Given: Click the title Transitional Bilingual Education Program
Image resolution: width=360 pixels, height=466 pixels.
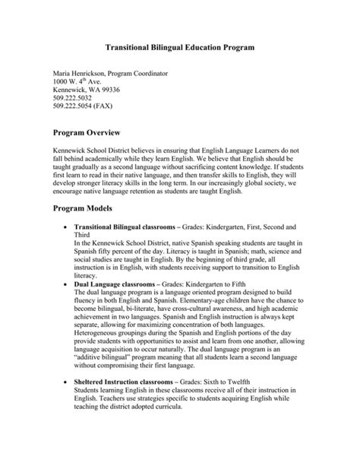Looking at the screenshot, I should pos(178,47).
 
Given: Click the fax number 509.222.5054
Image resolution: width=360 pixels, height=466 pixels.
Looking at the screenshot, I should pos(75,109).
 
